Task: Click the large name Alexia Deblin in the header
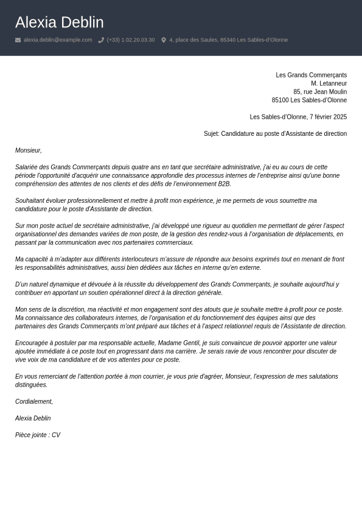click(x=59, y=23)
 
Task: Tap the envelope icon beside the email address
click(x=18, y=40)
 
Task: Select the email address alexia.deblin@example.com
click(x=58, y=40)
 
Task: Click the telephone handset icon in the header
click(x=101, y=40)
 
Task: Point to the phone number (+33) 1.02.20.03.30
click(x=131, y=40)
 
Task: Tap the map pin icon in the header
click(x=164, y=40)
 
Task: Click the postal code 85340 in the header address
click(x=228, y=40)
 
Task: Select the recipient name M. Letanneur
click(x=329, y=83)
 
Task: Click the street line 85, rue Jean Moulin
click(x=320, y=92)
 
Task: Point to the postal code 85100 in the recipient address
click(x=280, y=100)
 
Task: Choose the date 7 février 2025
click(x=328, y=117)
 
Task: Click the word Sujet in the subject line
click(x=211, y=134)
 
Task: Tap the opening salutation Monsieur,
click(x=29, y=150)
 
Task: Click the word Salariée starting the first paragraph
click(x=27, y=167)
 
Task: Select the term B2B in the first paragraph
click(x=224, y=184)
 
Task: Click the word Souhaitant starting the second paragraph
click(x=30, y=201)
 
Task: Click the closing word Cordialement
click(x=33, y=402)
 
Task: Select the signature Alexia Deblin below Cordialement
click(x=33, y=419)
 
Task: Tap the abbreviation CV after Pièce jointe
click(x=56, y=435)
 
